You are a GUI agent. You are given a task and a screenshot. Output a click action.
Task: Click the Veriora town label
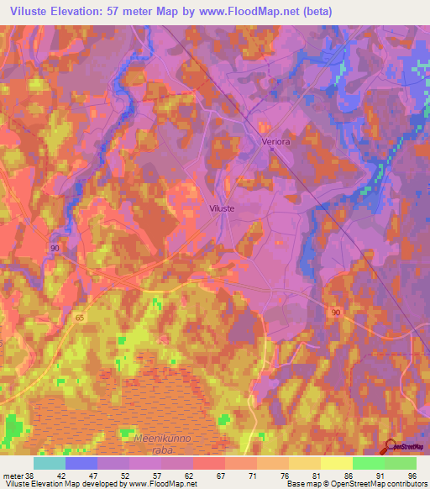point(275,142)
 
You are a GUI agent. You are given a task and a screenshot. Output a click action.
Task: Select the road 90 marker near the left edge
point(55,249)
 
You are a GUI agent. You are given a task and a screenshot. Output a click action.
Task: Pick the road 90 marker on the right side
point(336,312)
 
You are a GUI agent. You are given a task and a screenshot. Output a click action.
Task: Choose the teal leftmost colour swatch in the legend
point(50,463)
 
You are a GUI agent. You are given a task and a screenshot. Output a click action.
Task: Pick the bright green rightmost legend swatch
point(401,463)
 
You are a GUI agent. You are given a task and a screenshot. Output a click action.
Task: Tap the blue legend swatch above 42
point(81,463)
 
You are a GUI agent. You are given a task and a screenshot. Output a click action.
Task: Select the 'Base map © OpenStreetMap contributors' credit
point(355,484)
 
